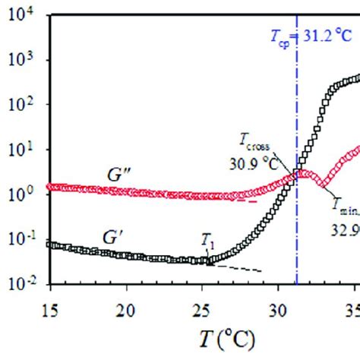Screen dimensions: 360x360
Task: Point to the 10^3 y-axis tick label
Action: (24, 60)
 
